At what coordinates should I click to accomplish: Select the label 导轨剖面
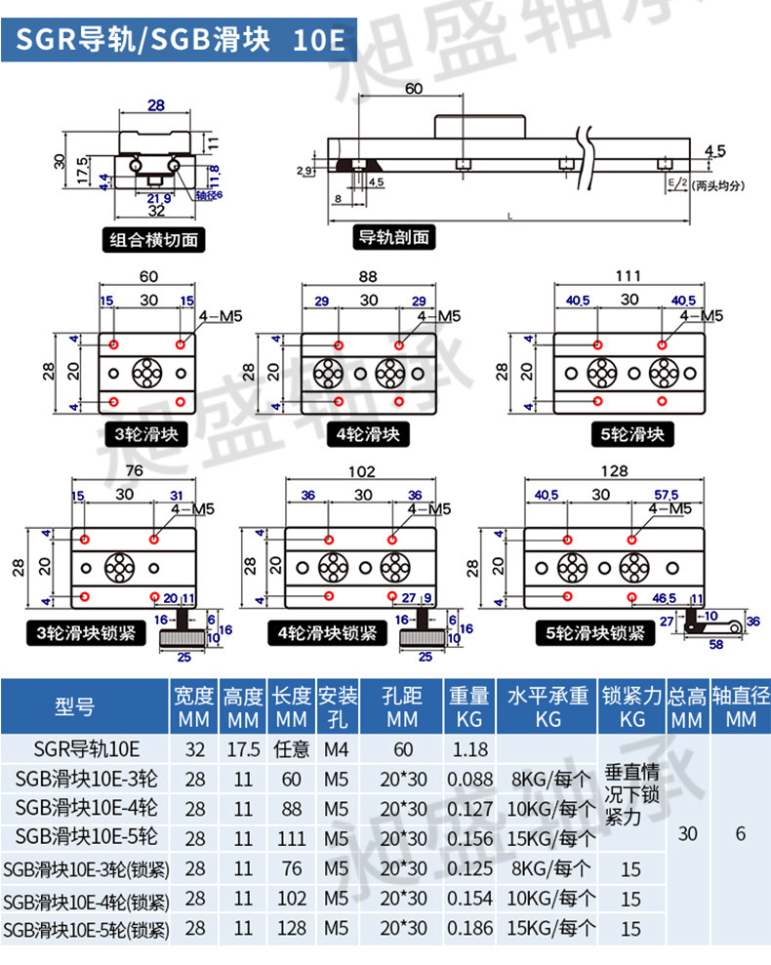click(394, 237)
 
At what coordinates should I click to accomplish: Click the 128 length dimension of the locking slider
click(614, 471)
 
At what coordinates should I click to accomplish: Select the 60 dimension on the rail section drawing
click(413, 89)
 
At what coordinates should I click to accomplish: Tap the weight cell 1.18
click(470, 749)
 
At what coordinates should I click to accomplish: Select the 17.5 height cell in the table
click(243, 749)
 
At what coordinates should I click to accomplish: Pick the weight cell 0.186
click(470, 928)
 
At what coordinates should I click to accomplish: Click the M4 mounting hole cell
click(336, 749)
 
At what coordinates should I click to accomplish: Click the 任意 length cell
click(292, 749)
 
